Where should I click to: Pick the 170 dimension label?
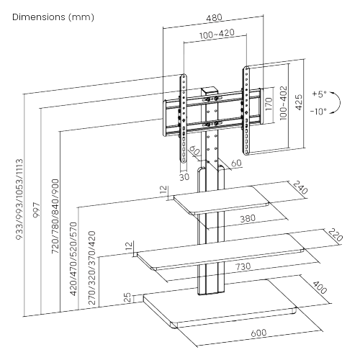pyautogui.click(x=268, y=106)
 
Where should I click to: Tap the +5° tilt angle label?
pyautogui.click(x=319, y=94)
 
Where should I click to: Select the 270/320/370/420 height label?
pyautogui.click(x=91, y=269)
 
